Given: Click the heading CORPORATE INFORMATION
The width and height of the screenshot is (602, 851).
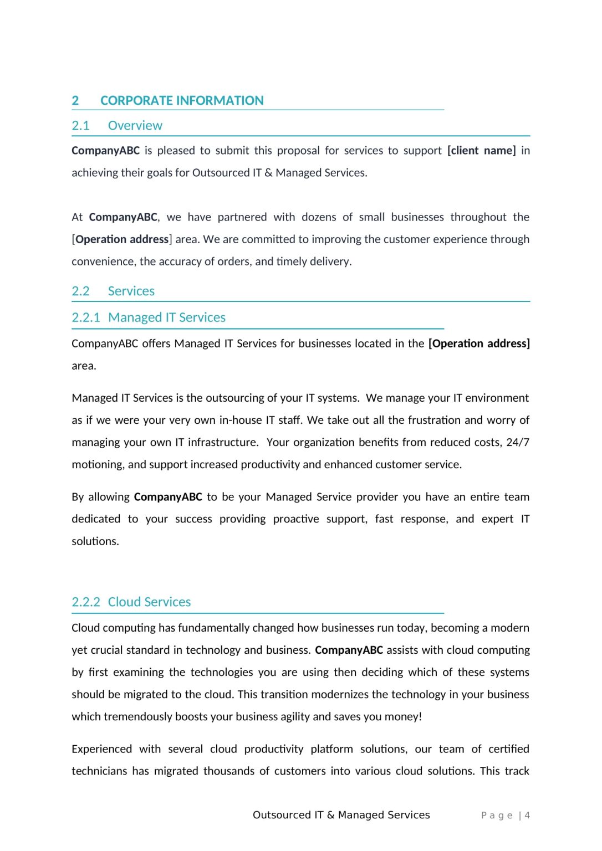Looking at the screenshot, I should (x=182, y=101).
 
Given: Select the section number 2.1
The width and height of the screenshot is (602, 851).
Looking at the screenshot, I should (x=80, y=126).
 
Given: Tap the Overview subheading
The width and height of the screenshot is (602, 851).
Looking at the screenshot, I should (x=135, y=126).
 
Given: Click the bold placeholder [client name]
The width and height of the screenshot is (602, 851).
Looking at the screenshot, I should (x=481, y=151).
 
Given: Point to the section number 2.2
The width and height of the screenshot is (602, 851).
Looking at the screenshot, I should (x=80, y=291).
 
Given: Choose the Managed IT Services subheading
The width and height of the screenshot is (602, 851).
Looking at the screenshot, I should (x=166, y=317).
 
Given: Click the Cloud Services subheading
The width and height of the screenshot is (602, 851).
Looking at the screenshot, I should (x=149, y=602).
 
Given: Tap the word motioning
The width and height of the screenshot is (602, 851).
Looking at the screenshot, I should (x=97, y=465).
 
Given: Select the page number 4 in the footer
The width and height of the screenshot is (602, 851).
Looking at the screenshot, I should (x=527, y=816).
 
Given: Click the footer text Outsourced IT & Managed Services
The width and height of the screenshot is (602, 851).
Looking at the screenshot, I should (x=341, y=815).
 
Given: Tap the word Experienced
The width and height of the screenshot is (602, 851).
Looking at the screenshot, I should (x=101, y=749).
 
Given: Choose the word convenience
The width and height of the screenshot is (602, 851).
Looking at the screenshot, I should (x=103, y=262).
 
